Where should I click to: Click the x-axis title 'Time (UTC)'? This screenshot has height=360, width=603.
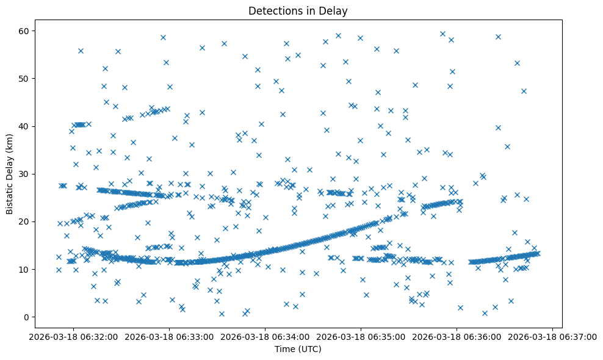click(x=298, y=350)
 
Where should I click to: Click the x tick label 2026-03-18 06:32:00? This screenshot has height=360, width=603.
click(x=74, y=336)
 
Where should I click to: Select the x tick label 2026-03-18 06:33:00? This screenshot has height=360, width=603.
click(x=170, y=336)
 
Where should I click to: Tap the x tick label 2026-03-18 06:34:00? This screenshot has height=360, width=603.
click(x=265, y=336)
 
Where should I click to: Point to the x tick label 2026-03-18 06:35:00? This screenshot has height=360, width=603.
click(x=361, y=336)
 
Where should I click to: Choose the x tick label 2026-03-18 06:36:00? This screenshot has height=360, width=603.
click(x=457, y=336)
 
